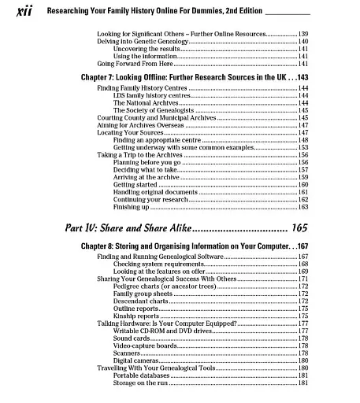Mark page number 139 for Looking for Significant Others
click(302, 34)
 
